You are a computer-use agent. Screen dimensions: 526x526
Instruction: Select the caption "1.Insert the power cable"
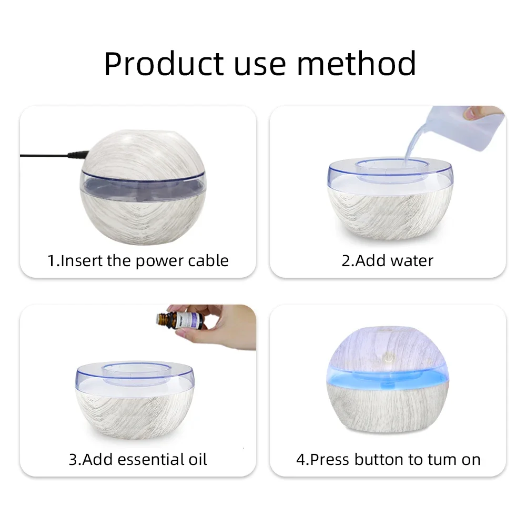pyautogui.click(x=138, y=260)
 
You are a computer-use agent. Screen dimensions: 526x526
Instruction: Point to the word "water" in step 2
pyautogui.click(x=411, y=260)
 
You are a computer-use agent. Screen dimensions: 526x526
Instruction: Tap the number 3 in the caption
pyautogui.click(x=73, y=459)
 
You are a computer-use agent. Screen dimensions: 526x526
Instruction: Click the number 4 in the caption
pyautogui.click(x=301, y=459)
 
